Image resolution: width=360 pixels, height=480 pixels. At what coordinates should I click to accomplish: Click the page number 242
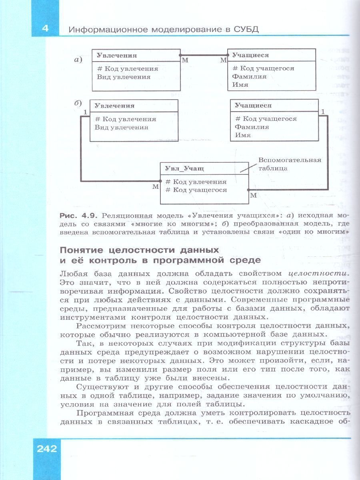click(47, 448)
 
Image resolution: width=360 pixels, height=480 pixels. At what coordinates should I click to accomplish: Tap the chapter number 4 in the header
click(45, 29)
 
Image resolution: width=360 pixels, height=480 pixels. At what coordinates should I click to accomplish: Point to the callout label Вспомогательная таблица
click(290, 164)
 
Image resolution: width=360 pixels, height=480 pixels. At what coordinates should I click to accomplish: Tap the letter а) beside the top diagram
click(78, 60)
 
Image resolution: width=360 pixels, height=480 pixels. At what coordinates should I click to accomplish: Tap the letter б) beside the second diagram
click(78, 103)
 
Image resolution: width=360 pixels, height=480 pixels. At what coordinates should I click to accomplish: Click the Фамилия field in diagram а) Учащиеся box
click(249, 76)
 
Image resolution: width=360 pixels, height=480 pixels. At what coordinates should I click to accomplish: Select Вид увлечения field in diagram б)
click(122, 127)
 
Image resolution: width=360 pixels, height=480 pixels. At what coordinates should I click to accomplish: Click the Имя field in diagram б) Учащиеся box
click(243, 135)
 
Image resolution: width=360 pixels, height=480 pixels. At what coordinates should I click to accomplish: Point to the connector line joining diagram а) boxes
click(204, 54)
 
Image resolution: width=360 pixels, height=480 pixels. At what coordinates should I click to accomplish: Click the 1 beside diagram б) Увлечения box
click(85, 113)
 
